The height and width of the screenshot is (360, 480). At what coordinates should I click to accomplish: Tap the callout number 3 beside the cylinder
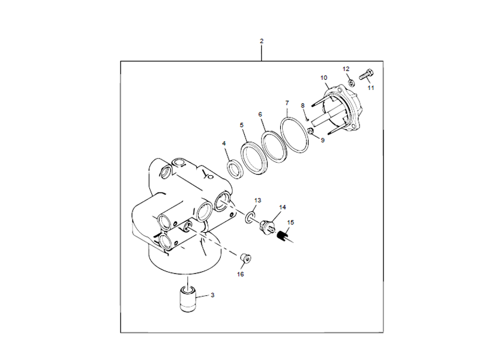[x=212, y=295]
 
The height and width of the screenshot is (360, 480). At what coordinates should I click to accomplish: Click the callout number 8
[x=303, y=106]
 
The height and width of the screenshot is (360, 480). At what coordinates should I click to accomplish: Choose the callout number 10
[x=324, y=78]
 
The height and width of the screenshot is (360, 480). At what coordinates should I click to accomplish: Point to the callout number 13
[x=258, y=199]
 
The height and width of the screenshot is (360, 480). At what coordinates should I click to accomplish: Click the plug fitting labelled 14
[x=268, y=227]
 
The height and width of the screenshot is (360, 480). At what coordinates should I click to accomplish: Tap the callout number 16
[x=240, y=274]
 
